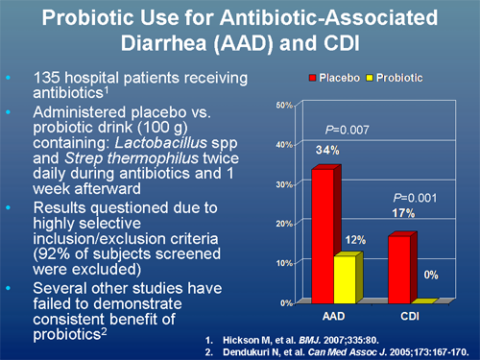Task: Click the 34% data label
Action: [x=327, y=149]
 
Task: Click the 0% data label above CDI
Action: [x=431, y=275]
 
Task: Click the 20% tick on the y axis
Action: [x=284, y=223]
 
